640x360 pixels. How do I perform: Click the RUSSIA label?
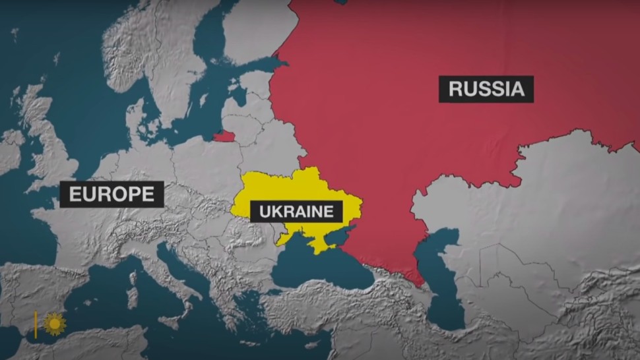[486, 88]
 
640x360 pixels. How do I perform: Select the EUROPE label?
[111, 194]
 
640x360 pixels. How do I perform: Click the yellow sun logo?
[55, 323]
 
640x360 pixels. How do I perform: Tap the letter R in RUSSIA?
[454, 89]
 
